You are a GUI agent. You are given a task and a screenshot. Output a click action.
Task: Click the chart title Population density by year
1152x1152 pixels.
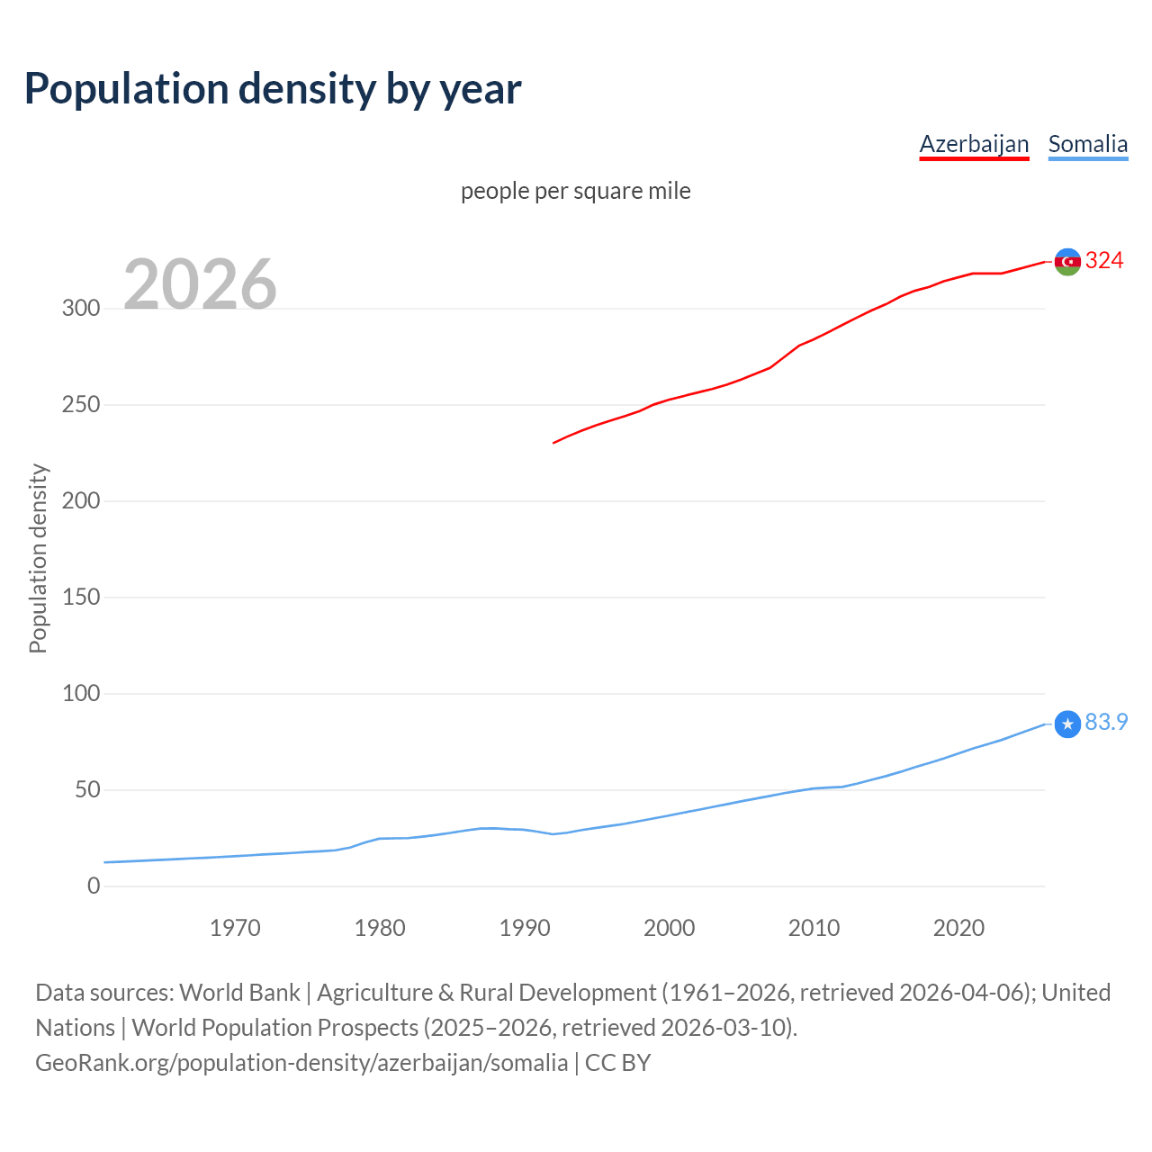click(x=273, y=89)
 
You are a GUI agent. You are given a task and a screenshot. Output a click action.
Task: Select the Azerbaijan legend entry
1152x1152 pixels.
click(x=974, y=144)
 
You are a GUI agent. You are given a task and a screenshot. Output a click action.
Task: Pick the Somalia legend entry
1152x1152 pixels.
click(x=1087, y=144)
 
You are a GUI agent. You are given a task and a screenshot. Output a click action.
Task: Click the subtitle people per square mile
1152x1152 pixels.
click(x=575, y=191)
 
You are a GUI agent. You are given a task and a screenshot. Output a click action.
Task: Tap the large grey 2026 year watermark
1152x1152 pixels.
click(x=200, y=284)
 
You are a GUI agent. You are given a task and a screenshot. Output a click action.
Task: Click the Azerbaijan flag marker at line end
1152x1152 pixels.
click(x=1067, y=262)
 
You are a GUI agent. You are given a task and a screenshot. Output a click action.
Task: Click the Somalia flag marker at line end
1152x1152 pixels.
click(x=1067, y=724)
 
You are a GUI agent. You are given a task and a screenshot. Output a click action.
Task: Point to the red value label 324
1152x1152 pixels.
click(x=1104, y=261)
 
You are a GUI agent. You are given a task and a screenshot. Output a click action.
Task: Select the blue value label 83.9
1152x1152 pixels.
click(x=1106, y=723)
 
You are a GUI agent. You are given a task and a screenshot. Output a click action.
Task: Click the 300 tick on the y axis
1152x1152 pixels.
click(x=81, y=309)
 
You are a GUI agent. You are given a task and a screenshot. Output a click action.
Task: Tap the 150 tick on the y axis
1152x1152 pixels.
click(x=81, y=597)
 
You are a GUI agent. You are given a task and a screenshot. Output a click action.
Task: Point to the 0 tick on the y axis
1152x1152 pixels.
click(x=94, y=886)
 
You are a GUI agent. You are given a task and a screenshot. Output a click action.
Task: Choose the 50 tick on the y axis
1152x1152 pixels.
click(x=87, y=790)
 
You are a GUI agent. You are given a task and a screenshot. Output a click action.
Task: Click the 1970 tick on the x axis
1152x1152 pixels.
click(x=235, y=928)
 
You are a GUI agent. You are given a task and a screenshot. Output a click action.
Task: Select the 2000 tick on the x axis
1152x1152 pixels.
click(x=669, y=928)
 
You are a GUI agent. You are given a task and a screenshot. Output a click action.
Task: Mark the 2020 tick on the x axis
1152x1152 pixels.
click(x=958, y=928)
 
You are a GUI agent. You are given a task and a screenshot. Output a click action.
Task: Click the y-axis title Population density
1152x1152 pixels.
click(x=38, y=558)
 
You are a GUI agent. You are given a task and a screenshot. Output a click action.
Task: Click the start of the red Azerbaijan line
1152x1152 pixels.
click(x=554, y=443)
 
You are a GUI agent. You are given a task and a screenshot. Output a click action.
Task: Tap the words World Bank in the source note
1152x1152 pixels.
click(x=239, y=993)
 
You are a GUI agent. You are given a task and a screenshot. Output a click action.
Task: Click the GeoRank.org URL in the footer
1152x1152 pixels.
click(x=301, y=1063)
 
